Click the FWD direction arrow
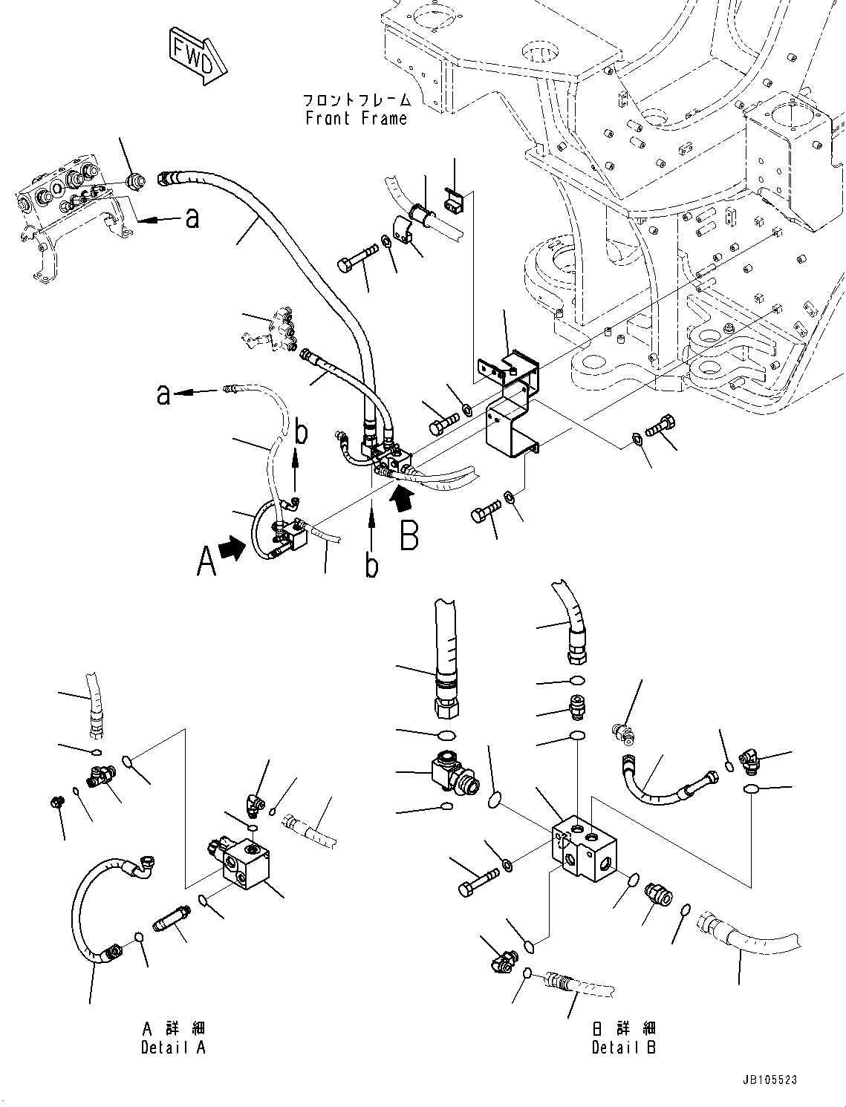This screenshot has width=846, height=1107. coord(196,54)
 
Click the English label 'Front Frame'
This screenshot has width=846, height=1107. coord(357,119)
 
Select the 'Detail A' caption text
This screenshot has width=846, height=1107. coord(173,1048)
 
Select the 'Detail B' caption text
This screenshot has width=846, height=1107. coord(624,1048)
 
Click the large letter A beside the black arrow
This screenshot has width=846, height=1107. coord(206,561)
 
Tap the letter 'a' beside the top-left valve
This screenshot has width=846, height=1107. coord(192,218)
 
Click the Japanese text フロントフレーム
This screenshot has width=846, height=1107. coord(357,99)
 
